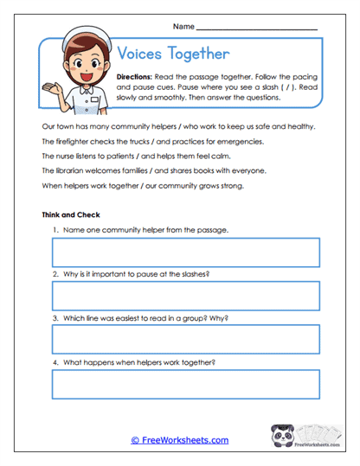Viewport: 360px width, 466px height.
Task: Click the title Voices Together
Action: (x=172, y=54)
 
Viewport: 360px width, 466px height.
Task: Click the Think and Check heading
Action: (x=71, y=214)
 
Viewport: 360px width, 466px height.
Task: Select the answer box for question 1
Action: (x=185, y=252)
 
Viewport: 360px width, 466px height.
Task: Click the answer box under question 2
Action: (x=185, y=296)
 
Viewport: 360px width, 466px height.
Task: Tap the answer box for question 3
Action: (x=185, y=340)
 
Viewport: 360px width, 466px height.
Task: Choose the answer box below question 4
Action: (x=185, y=383)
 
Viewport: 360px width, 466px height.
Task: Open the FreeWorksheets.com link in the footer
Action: (x=180, y=440)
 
